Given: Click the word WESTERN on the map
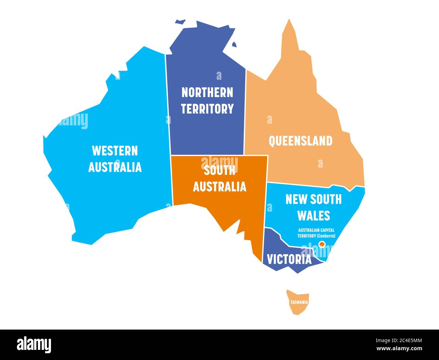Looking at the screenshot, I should pyautogui.click(x=115, y=151).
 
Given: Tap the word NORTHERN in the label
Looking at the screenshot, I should pyautogui.click(x=207, y=92).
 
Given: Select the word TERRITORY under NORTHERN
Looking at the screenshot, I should pyautogui.click(x=207, y=109).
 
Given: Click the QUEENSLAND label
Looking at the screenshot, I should pyautogui.click(x=300, y=141).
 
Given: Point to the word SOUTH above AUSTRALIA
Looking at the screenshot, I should pyautogui.click(x=219, y=171).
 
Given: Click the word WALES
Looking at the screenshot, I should pyautogui.click(x=313, y=215).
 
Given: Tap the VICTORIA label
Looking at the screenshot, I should pyautogui.click(x=289, y=259).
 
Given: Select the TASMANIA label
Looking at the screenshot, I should pyautogui.click(x=299, y=302).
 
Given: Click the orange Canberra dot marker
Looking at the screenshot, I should pyautogui.click(x=322, y=243).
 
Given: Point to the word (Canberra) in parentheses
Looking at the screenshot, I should pyautogui.click(x=326, y=236).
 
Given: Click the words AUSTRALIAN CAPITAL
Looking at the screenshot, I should pyautogui.click(x=316, y=230).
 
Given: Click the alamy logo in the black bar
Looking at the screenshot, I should pyautogui.click(x=34, y=344).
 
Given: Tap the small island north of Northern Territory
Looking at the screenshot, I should pyautogui.click(x=180, y=22).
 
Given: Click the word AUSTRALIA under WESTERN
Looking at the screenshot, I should pyautogui.click(x=115, y=167).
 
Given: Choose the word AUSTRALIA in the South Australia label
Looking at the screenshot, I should pyautogui.click(x=219, y=187).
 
